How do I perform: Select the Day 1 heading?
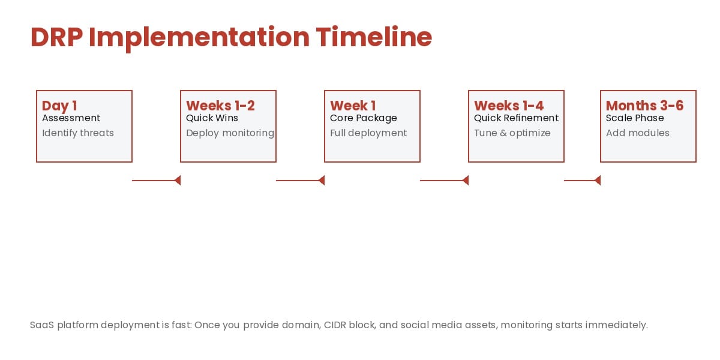(x=59, y=106)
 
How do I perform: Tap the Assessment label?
(x=71, y=118)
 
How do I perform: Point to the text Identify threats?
(x=78, y=133)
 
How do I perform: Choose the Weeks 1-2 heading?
(x=220, y=106)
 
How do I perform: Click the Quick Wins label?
(x=212, y=118)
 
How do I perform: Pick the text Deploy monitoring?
(x=230, y=133)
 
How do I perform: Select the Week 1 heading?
(x=353, y=106)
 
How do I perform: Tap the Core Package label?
(x=363, y=118)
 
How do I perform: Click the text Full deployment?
(x=368, y=133)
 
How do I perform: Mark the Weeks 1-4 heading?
(x=509, y=106)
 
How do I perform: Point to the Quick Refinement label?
(x=516, y=118)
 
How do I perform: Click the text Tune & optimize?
(x=512, y=133)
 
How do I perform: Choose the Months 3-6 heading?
(x=644, y=106)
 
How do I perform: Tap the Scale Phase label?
(x=635, y=118)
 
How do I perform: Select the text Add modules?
(x=637, y=133)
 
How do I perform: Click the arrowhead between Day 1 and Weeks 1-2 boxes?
(x=178, y=180)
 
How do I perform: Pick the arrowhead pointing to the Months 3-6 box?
(x=598, y=180)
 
